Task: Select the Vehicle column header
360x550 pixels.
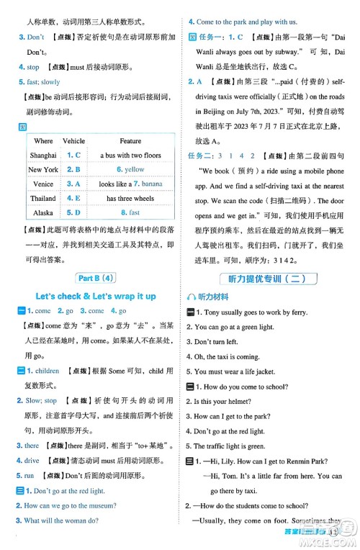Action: tap(74, 141)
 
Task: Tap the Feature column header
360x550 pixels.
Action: tap(130, 141)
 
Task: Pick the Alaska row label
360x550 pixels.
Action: tap(43, 213)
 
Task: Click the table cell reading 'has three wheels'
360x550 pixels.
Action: tap(130, 199)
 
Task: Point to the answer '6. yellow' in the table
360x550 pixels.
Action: tap(130, 170)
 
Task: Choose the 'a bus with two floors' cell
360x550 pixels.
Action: tap(130, 155)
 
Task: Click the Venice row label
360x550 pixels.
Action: tap(43, 184)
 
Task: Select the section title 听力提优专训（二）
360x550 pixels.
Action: tap(271, 278)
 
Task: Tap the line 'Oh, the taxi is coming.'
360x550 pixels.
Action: tap(228, 356)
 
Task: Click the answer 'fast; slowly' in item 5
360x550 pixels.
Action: tap(44, 82)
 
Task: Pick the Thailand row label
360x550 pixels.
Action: tap(43, 199)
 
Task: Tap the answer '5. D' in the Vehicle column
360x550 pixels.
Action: tap(73, 213)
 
